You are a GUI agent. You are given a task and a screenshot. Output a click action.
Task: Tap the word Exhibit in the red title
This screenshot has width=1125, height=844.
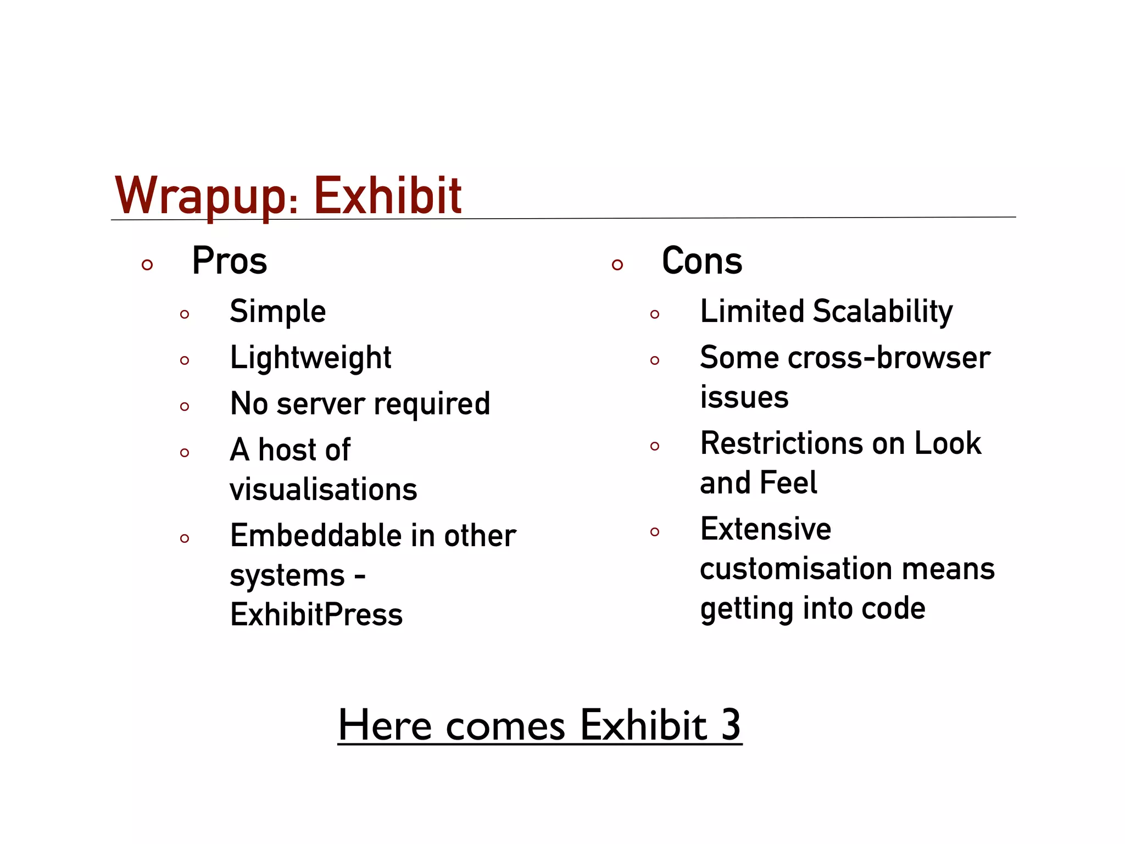click(x=387, y=196)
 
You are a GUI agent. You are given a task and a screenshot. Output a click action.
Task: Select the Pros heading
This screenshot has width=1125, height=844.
click(x=229, y=261)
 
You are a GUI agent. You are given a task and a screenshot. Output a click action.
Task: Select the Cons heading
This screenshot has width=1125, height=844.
click(x=701, y=261)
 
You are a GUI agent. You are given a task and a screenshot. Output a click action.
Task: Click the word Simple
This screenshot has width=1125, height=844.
click(x=277, y=312)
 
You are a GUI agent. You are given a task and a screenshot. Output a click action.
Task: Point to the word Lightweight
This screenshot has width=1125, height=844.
click(x=310, y=358)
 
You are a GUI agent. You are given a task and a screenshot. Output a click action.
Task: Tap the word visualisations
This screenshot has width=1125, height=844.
click(x=323, y=489)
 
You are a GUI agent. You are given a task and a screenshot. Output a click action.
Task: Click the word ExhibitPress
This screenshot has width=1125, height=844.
click(x=316, y=614)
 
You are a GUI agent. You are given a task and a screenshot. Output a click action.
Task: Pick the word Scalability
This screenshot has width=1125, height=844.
click(x=882, y=312)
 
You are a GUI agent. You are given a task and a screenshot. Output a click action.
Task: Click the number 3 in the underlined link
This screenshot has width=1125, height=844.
click(x=731, y=725)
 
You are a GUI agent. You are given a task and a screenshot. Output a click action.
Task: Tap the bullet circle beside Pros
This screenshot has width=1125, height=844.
click(x=147, y=265)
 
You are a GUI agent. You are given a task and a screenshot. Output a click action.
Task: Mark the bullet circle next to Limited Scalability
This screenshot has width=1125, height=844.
click(x=654, y=314)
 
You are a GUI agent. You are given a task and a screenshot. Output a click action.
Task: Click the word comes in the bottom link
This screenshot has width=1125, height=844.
click(x=505, y=726)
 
